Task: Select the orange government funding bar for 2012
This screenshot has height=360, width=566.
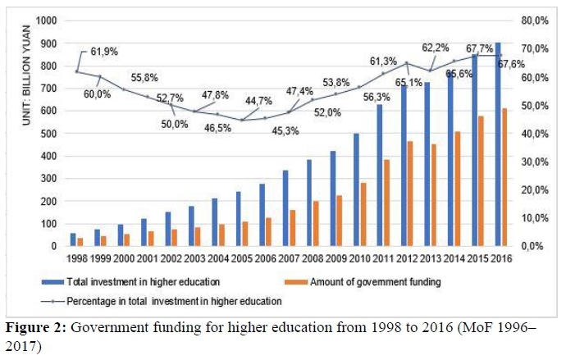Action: pos(409,194)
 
